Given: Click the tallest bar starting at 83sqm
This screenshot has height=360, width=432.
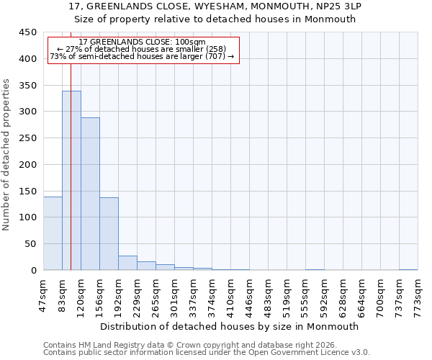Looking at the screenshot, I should tap(71, 180).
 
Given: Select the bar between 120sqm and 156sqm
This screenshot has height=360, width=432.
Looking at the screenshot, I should tap(90, 194).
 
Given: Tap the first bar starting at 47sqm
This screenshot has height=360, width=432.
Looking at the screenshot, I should tap(53, 233).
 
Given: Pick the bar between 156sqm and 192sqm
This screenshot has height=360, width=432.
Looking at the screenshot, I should tap(109, 233).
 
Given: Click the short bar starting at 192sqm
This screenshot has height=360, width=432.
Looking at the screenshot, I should tap(127, 263).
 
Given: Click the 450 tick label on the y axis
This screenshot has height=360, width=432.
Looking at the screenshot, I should tap(28, 32).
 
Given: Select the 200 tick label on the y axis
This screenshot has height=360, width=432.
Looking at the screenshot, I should tap(28, 164).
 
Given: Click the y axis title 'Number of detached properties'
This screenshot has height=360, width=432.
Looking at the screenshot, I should tap(6, 155).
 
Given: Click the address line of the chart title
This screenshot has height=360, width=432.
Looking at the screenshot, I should tap(215, 6).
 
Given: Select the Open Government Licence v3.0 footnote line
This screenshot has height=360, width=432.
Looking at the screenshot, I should tap(207, 353).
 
